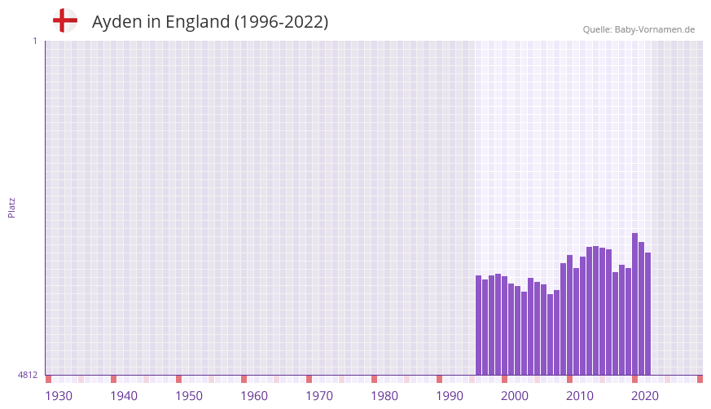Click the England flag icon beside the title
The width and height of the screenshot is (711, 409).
click(64, 20)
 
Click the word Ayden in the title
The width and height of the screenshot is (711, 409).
click(116, 22)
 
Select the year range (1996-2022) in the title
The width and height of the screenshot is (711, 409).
click(281, 22)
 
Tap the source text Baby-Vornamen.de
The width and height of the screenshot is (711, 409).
click(655, 29)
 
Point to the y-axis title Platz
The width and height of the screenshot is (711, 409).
click(11, 208)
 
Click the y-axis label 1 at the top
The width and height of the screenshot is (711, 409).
click(34, 41)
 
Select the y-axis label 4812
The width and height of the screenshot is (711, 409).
click(28, 375)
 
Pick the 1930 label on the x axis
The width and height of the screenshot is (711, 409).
click(59, 396)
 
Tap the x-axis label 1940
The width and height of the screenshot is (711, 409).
click(124, 396)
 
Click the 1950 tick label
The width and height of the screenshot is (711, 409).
click(189, 396)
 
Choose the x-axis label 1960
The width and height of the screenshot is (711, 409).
click(254, 396)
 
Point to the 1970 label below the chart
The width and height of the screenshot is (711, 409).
click(319, 396)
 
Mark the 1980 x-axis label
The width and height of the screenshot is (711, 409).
click(384, 396)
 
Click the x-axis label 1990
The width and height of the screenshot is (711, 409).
click(450, 396)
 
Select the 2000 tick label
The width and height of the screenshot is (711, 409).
click(515, 396)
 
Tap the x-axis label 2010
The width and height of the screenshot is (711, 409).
click(580, 396)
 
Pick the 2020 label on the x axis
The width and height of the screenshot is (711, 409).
click(645, 396)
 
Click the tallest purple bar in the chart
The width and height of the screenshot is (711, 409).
click(634, 304)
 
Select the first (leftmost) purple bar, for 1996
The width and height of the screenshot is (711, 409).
click(478, 325)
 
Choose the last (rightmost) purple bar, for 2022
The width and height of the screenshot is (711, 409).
click(647, 314)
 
